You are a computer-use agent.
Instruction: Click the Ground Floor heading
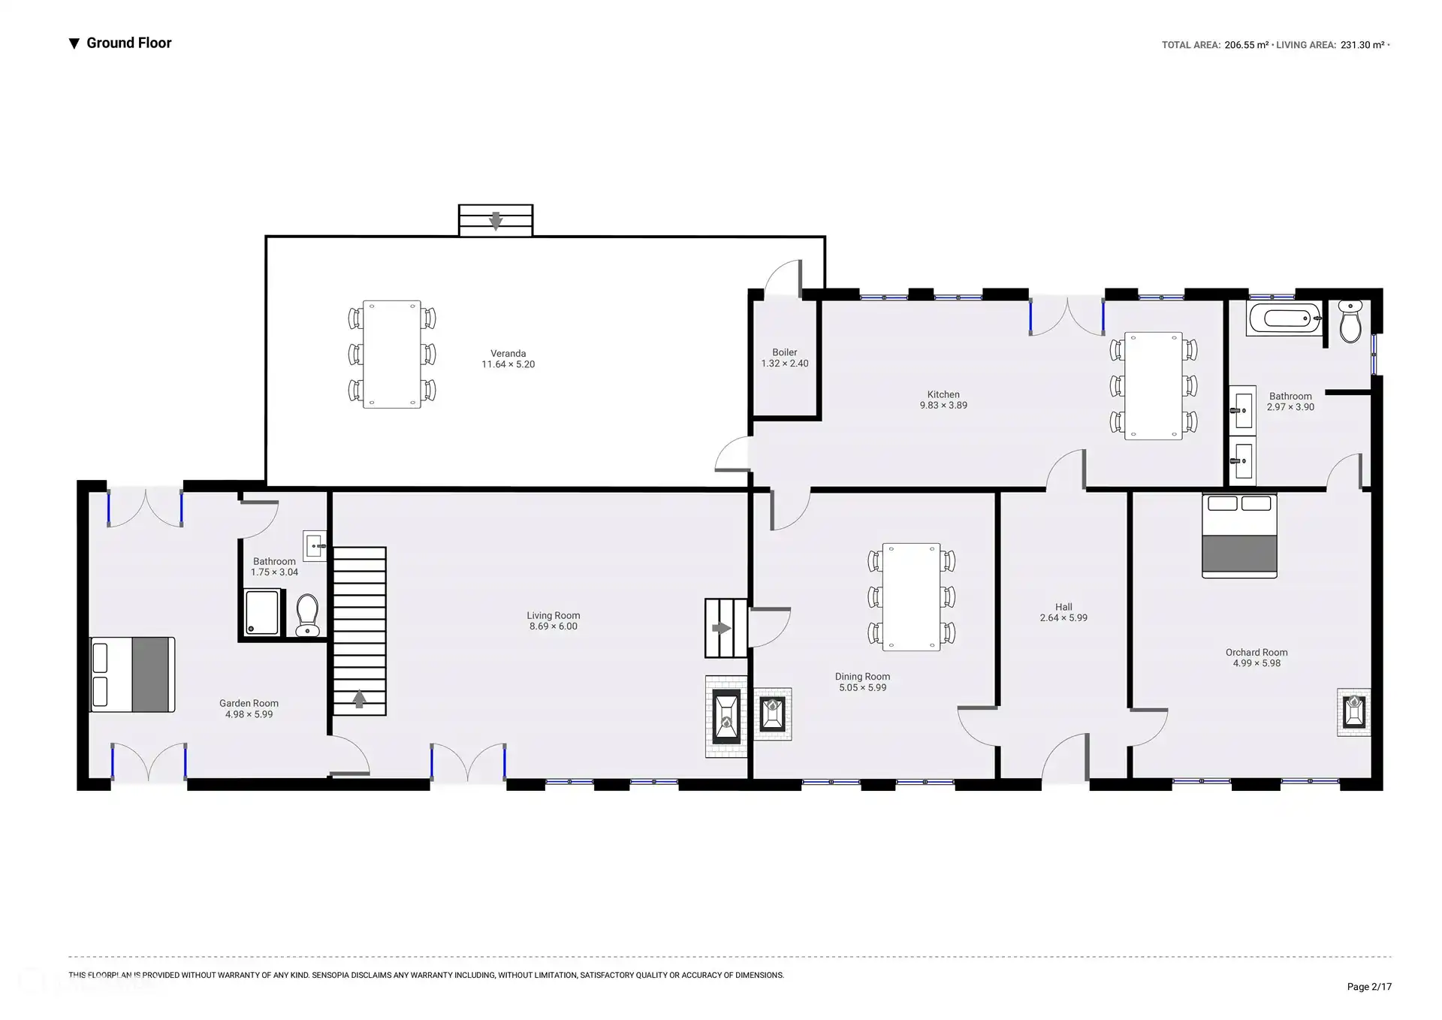129,43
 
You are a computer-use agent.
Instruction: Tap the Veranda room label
508,353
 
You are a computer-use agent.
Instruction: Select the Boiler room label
785,352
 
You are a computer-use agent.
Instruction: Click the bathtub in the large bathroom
1285,318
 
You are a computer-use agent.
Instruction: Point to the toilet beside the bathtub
1350,321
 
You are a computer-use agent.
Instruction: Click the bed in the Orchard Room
1239,535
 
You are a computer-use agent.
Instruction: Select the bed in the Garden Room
132,674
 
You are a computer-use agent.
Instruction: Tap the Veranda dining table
392,355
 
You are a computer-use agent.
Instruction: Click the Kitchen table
1154,386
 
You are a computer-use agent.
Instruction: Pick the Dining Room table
911,597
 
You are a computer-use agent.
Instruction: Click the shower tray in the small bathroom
262,613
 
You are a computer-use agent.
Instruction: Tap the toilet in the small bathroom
307,616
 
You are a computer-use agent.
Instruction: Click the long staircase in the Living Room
360,631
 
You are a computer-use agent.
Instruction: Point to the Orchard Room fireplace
1353,712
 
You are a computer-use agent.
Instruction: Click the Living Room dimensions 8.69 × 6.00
554,626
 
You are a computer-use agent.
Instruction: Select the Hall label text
1063,607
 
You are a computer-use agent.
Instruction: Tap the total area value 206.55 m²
1247,45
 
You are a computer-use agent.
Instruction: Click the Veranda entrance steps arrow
496,221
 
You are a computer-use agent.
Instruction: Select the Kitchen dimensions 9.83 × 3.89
943,406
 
